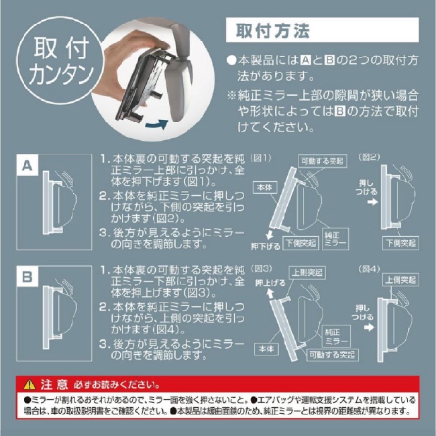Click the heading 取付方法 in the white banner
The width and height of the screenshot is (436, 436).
click(272, 31)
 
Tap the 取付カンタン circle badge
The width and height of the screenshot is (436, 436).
click(60, 60)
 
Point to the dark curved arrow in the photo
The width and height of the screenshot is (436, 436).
click(157, 124)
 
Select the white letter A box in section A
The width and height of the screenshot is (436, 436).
click(28, 166)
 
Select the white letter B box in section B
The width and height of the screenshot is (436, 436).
click(28, 276)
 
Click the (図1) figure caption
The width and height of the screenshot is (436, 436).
click(260, 158)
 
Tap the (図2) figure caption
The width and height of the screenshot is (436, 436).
click(369, 157)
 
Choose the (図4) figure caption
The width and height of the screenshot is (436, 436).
click(369, 269)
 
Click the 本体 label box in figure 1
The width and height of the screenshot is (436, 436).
click(265, 188)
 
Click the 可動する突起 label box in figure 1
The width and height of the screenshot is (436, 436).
click(323, 161)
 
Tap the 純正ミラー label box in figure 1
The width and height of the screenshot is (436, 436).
click(335, 239)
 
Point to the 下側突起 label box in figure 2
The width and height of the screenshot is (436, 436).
click(400, 243)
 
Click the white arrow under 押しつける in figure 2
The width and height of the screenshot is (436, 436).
click(372, 202)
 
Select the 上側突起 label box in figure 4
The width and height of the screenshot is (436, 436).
click(400, 280)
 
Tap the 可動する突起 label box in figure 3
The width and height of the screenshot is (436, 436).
click(332, 355)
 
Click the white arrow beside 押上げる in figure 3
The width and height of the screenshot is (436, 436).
click(270, 293)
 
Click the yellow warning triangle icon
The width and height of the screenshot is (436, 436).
click(30, 385)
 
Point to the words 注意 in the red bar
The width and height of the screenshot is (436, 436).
click(54, 384)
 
